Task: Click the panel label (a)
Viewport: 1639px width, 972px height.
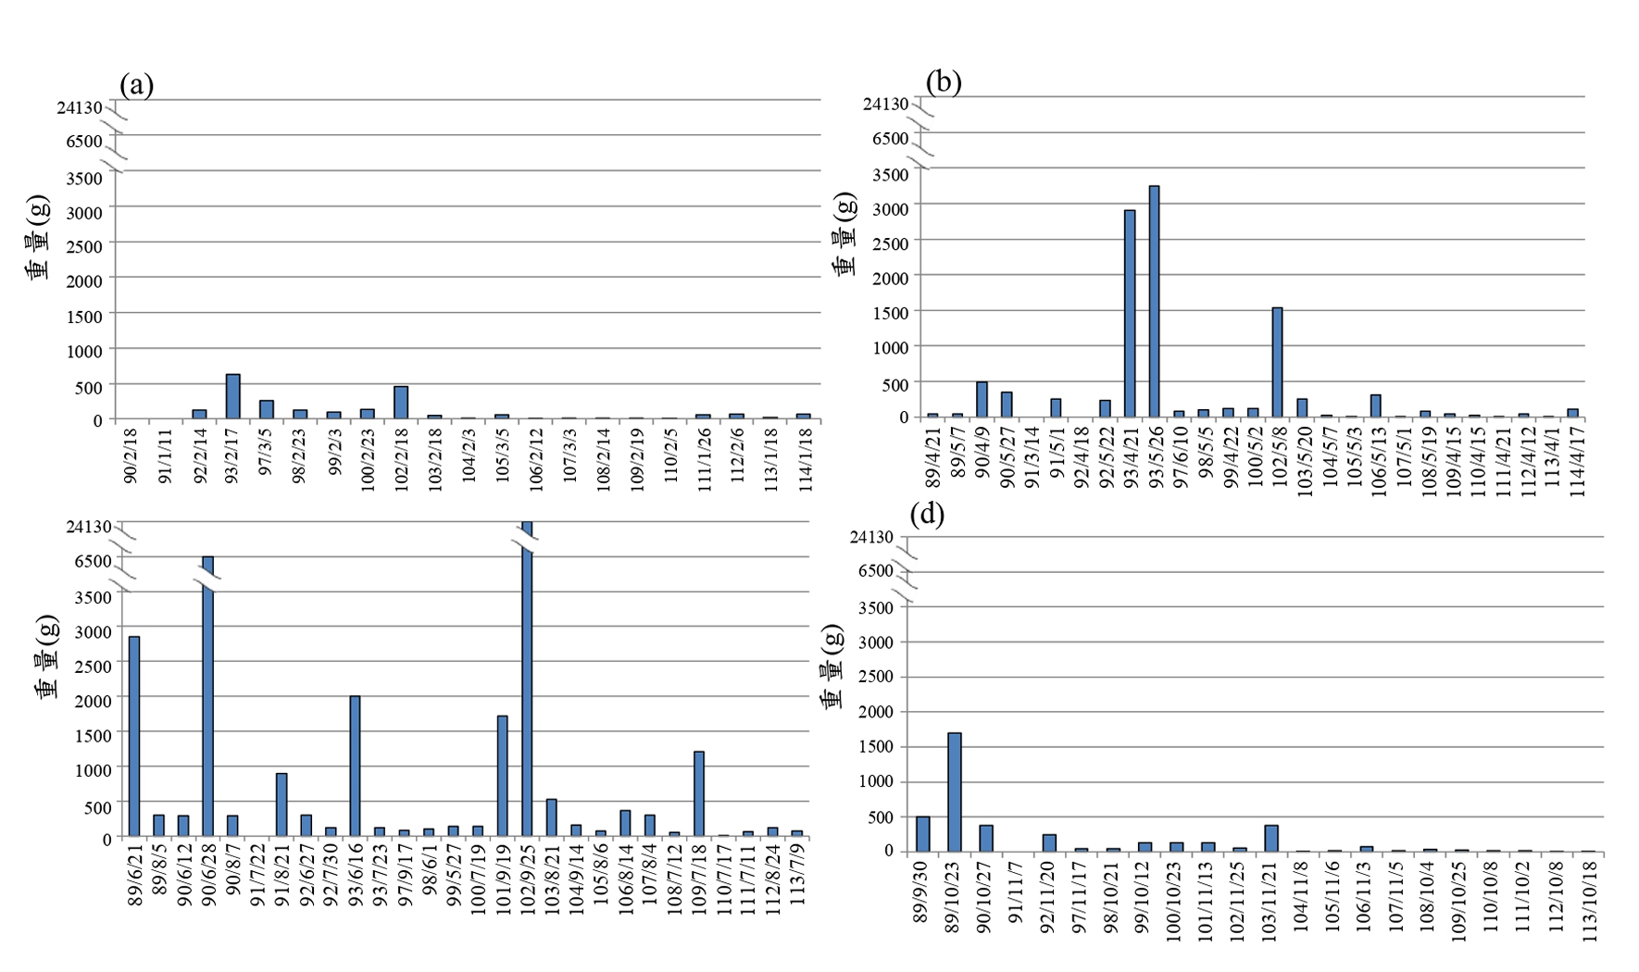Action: point(136,85)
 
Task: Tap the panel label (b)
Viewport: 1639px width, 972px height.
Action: point(944,82)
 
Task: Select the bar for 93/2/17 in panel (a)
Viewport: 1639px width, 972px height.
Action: point(232,396)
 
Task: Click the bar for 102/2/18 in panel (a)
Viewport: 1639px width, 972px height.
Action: point(401,403)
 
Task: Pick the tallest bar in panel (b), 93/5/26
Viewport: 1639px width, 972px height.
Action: point(1155,302)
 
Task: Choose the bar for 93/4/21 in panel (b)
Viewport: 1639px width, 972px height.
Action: point(1130,314)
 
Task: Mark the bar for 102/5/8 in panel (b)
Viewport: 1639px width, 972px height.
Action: point(1277,362)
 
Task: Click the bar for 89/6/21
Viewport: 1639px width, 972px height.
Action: point(134,736)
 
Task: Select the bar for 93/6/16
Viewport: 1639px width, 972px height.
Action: point(355,766)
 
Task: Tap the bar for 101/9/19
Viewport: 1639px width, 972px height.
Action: point(502,776)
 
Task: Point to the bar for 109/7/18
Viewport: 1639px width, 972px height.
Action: point(699,793)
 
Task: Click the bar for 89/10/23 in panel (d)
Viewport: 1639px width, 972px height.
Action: point(955,792)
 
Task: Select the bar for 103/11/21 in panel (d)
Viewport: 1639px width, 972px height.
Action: point(1271,838)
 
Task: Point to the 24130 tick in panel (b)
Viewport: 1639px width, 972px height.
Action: point(885,104)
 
